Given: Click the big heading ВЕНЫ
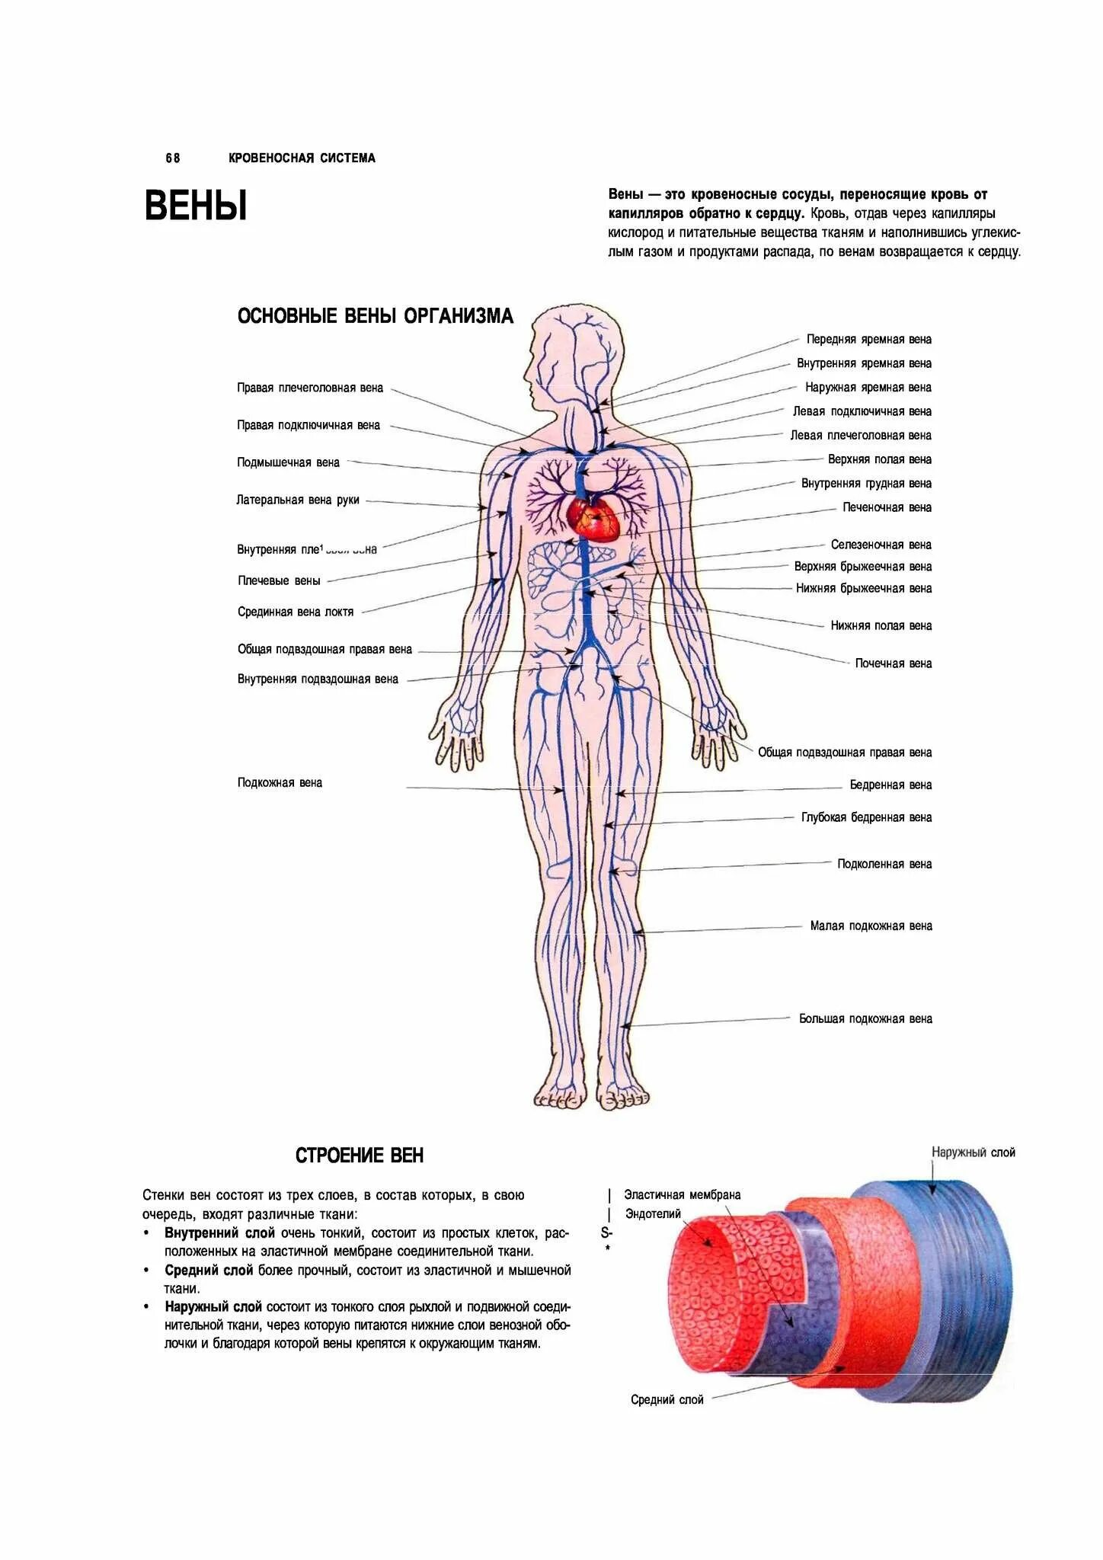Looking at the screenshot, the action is click(196, 206).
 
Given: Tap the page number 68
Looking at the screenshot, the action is click(173, 158).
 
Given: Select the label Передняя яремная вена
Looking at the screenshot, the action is click(868, 339).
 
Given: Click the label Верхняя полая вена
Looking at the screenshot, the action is click(879, 459).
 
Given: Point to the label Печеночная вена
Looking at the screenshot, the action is click(887, 507).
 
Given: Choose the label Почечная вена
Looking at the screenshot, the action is click(893, 663).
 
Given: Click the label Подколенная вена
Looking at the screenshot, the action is click(884, 864).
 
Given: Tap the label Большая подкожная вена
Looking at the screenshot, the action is click(865, 1018).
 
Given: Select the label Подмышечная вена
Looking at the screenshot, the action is click(288, 462).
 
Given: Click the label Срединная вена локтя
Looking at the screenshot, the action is click(296, 612).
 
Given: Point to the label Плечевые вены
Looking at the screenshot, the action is click(279, 580).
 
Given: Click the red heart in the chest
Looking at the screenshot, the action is click(593, 518).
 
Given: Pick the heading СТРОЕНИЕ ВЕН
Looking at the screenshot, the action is click(359, 1156).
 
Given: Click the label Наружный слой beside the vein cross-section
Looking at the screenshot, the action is click(973, 1152).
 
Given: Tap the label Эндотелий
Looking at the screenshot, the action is click(653, 1213).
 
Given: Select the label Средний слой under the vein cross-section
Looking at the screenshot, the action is click(667, 1399).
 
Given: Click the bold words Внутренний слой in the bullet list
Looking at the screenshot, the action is click(219, 1232).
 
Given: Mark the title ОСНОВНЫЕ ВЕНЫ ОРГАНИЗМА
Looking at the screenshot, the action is click(375, 316).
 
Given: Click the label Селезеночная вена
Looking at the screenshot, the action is click(881, 545).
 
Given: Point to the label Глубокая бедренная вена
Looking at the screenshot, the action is click(866, 817).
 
